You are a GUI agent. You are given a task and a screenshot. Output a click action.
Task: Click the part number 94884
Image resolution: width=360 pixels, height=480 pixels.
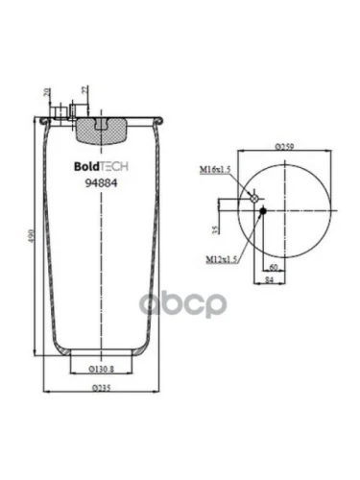pyautogui.click(x=102, y=183)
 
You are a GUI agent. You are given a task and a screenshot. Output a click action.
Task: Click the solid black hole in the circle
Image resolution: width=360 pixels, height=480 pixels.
pyautogui.click(x=261, y=211)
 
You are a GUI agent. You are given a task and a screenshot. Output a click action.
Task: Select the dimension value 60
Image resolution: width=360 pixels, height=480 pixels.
pyautogui.click(x=273, y=267)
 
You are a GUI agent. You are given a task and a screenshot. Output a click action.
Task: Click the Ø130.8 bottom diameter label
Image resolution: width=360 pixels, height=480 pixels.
pyautogui.click(x=102, y=369)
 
